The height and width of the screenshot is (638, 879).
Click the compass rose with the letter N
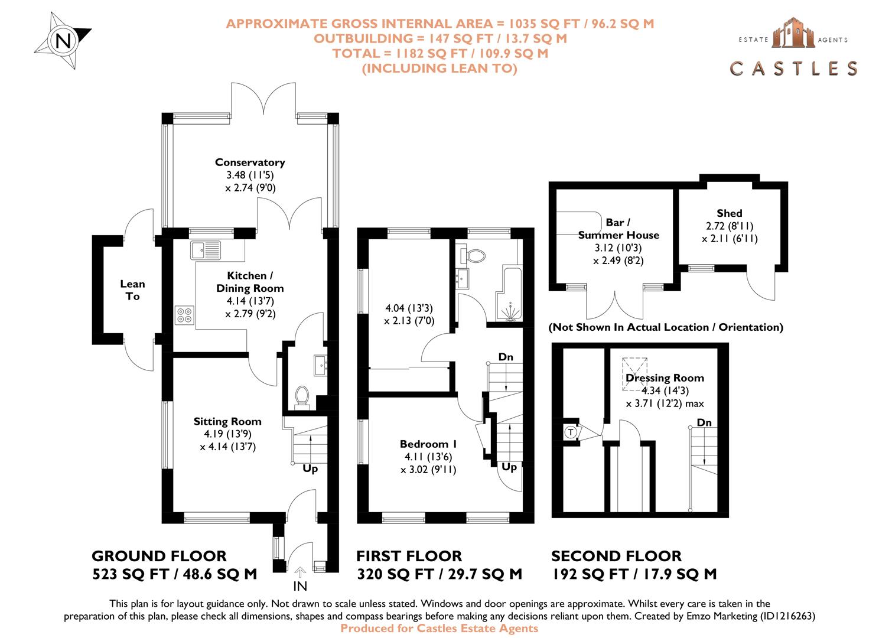pos(63,41)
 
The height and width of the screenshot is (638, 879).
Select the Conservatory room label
pos(250,162)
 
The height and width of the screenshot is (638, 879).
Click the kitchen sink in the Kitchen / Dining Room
pos(205,250)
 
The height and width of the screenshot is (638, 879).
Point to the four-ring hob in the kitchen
pos(184,315)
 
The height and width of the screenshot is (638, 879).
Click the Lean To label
pos(132,290)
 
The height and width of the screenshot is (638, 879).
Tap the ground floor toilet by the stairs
pos(302,396)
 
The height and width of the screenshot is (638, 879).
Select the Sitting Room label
pos(227,421)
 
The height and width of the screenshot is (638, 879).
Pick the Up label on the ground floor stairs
pos(310,468)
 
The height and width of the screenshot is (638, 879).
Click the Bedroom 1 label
pos(428,444)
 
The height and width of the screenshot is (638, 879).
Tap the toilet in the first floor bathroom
pos(474,256)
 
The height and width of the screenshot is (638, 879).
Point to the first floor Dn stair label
pos(506,357)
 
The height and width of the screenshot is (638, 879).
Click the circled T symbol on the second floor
pos(571,432)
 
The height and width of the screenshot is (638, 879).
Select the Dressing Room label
pos(665,378)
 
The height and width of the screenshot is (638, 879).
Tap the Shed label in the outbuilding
pos(729,213)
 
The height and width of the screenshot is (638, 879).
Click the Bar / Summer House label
pos(618,229)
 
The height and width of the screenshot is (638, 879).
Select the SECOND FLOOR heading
pos(616,556)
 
